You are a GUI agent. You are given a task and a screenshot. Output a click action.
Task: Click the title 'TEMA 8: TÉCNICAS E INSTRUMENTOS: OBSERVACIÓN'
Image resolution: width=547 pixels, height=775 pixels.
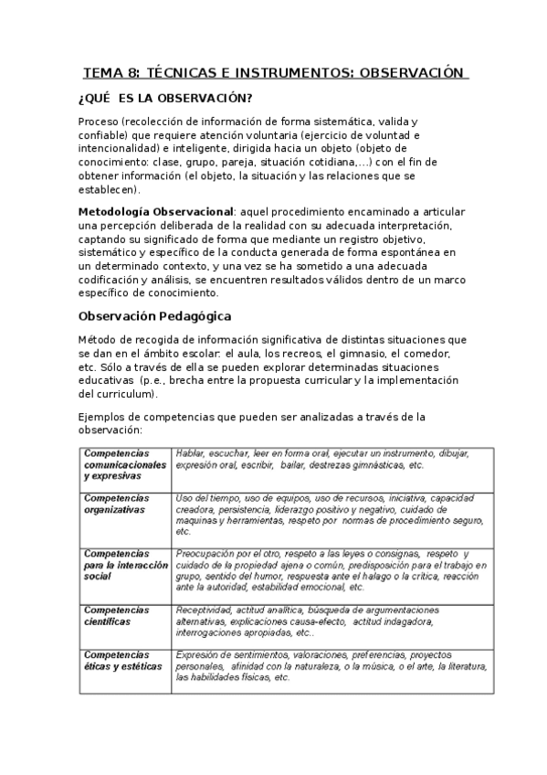coord(274,72)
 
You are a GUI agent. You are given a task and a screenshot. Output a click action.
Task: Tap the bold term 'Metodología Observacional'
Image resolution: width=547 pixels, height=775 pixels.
coord(155,211)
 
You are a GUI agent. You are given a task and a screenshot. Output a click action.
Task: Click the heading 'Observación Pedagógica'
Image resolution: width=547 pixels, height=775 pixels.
coord(155,315)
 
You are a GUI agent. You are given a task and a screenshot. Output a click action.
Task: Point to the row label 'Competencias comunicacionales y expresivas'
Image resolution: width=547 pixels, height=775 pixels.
coord(125,464)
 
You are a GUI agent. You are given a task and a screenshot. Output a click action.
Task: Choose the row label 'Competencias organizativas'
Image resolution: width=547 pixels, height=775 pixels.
coord(114,504)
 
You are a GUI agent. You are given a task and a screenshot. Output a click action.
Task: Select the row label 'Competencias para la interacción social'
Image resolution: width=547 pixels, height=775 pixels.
coord(126,565)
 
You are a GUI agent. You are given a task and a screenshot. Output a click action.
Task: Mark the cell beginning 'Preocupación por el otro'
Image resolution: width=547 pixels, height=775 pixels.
coord(331,570)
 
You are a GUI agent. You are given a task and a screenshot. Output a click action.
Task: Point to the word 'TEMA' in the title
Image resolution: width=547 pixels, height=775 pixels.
coord(101,72)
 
